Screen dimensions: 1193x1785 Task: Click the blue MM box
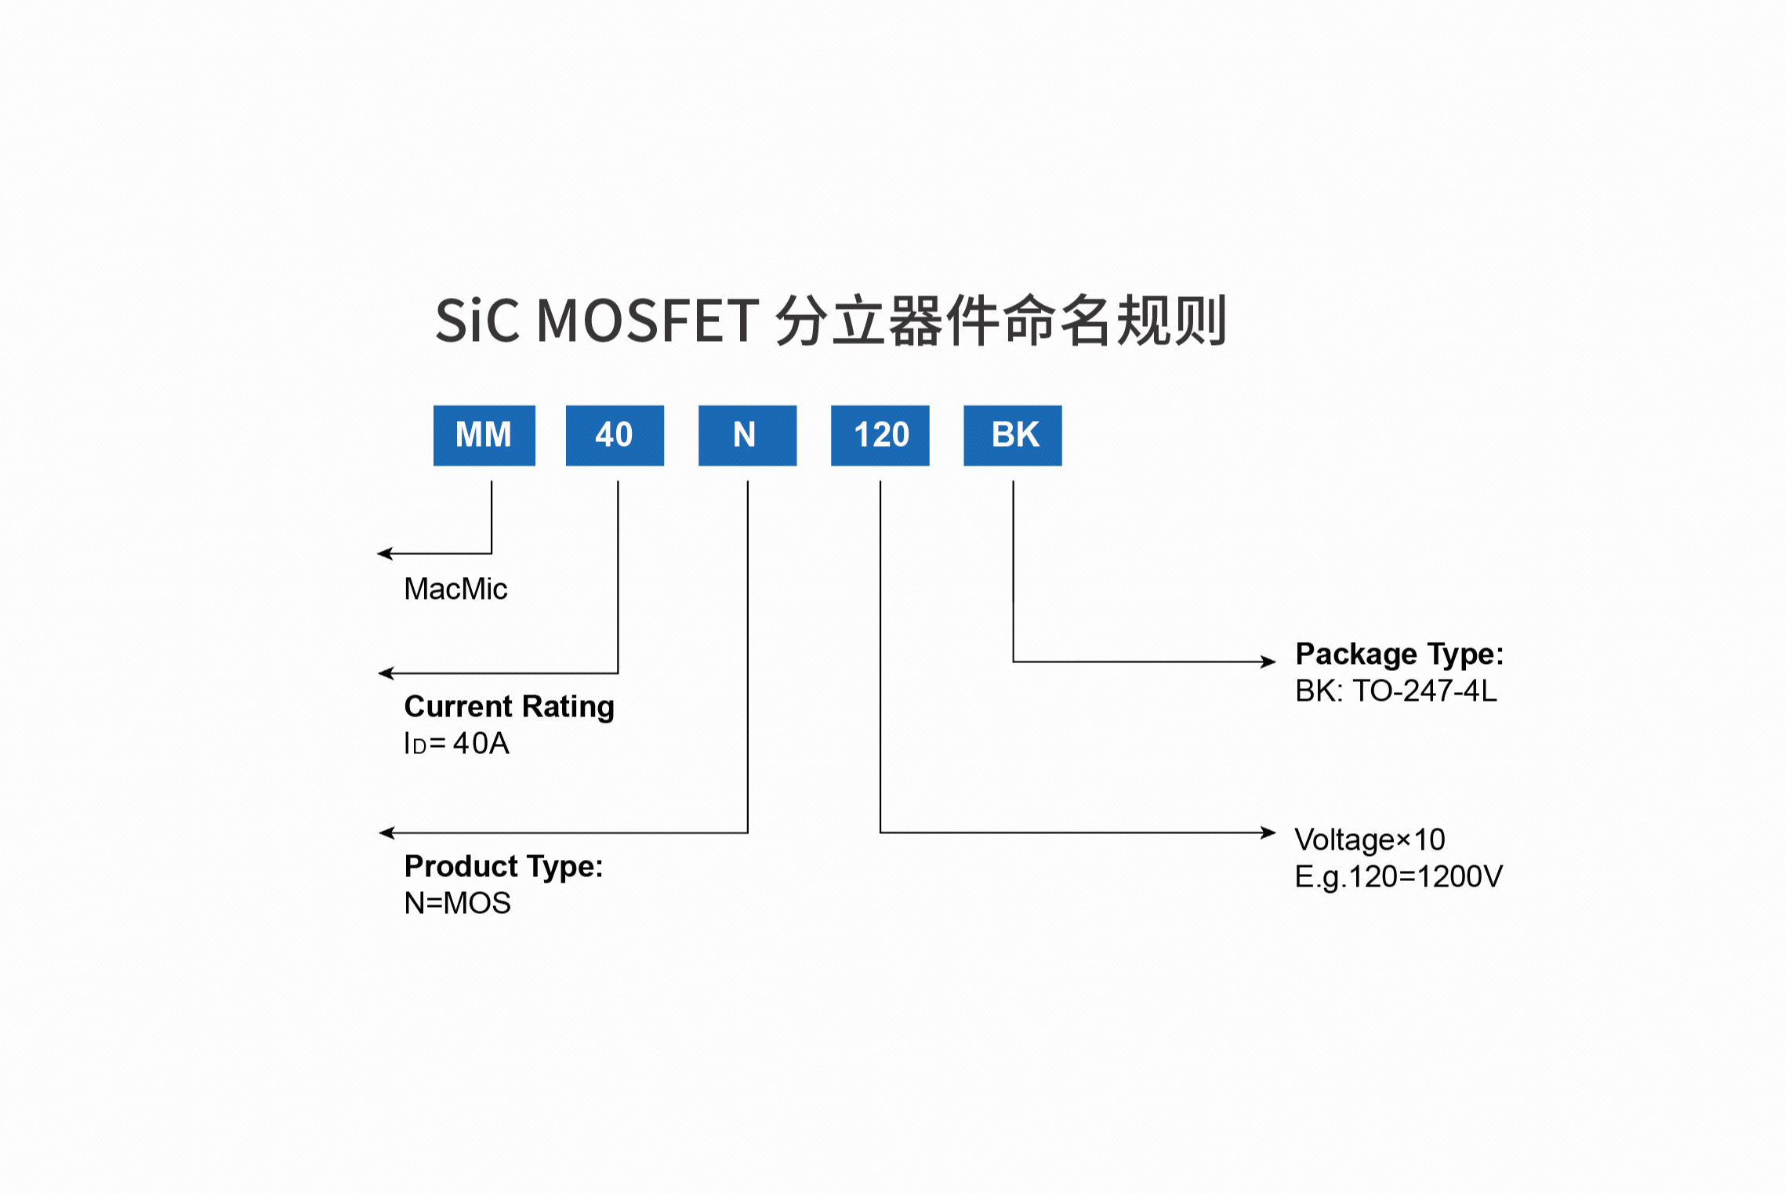484,435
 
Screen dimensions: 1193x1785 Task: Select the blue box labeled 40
615,435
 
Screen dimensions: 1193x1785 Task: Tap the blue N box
747,435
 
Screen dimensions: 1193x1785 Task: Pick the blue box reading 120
880,435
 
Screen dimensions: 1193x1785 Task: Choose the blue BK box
1012,435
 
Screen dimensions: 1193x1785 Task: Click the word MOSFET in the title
648,321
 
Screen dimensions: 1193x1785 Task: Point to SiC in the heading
477,321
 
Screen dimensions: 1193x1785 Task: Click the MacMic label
455,589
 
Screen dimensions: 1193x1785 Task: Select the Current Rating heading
509,706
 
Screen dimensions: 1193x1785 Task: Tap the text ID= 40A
456,743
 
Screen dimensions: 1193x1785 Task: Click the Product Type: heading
503,866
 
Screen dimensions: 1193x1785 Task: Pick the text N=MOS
457,903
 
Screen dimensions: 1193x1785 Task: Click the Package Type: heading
1399,654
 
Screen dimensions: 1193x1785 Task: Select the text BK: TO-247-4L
1395,691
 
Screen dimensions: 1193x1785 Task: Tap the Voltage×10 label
1370,839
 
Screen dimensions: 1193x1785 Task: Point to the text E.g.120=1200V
1398,876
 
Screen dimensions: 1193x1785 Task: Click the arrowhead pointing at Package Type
1268,662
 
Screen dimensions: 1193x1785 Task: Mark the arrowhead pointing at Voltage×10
1268,832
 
